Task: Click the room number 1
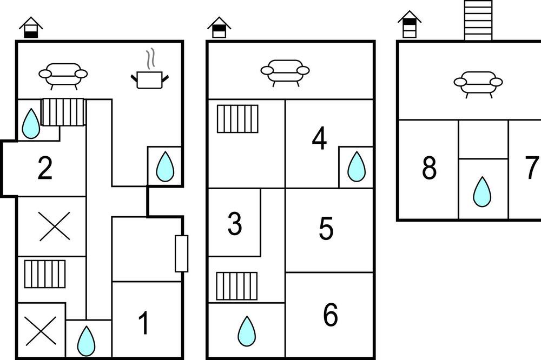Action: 143,323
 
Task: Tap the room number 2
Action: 45,168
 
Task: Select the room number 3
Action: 235,223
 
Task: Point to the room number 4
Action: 319,138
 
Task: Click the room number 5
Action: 326,228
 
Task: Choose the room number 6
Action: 331,315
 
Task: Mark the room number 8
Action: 429,168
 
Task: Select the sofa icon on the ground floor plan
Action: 63,76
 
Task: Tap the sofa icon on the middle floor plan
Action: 285,73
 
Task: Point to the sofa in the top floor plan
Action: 478,84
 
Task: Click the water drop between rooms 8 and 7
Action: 482,192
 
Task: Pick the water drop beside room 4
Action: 357,167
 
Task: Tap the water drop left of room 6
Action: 247,332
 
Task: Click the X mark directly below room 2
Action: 55,226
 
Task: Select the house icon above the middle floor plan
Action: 219,27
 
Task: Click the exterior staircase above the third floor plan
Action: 478,20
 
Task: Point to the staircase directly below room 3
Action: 237,286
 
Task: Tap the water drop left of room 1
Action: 86,341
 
